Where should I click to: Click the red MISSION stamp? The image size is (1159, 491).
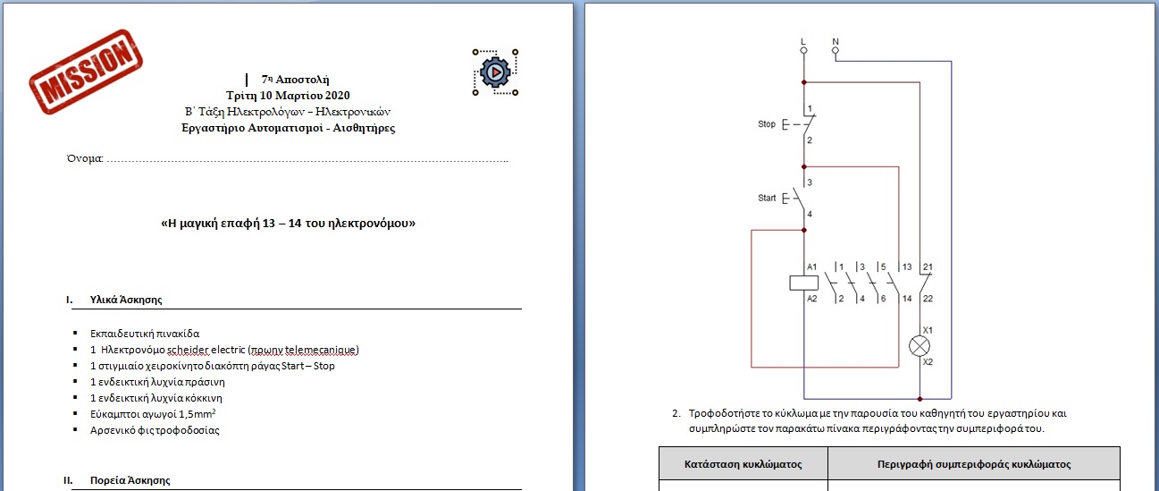tap(86, 72)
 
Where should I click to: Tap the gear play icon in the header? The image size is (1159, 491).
tap(495, 72)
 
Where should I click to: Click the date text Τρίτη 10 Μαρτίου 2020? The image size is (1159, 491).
tap(288, 96)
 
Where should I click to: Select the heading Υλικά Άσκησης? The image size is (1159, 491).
tap(126, 300)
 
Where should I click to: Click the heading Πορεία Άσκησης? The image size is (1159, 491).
tap(130, 480)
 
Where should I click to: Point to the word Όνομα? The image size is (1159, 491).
tap(84, 158)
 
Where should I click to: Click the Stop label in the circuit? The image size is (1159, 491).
tap(767, 123)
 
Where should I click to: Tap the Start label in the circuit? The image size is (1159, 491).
tap(767, 198)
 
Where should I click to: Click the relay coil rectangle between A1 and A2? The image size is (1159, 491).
tap(803, 283)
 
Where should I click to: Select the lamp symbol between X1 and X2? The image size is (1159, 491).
tap(920, 346)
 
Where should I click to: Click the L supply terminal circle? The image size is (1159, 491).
tap(803, 50)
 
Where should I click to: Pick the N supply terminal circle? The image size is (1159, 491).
tap(836, 50)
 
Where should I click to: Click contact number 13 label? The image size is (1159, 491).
tap(907, 267)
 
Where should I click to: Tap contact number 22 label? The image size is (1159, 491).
tap(928, 299)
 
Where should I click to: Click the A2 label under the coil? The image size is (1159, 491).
tap(811, 299)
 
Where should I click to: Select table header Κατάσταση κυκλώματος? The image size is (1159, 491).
tap(743, 464)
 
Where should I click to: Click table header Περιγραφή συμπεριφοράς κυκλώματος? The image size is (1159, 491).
tap(974, 464)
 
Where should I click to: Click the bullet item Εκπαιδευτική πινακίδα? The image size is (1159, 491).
tap(145, 334)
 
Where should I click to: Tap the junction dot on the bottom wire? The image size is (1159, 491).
tap(920, 399)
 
